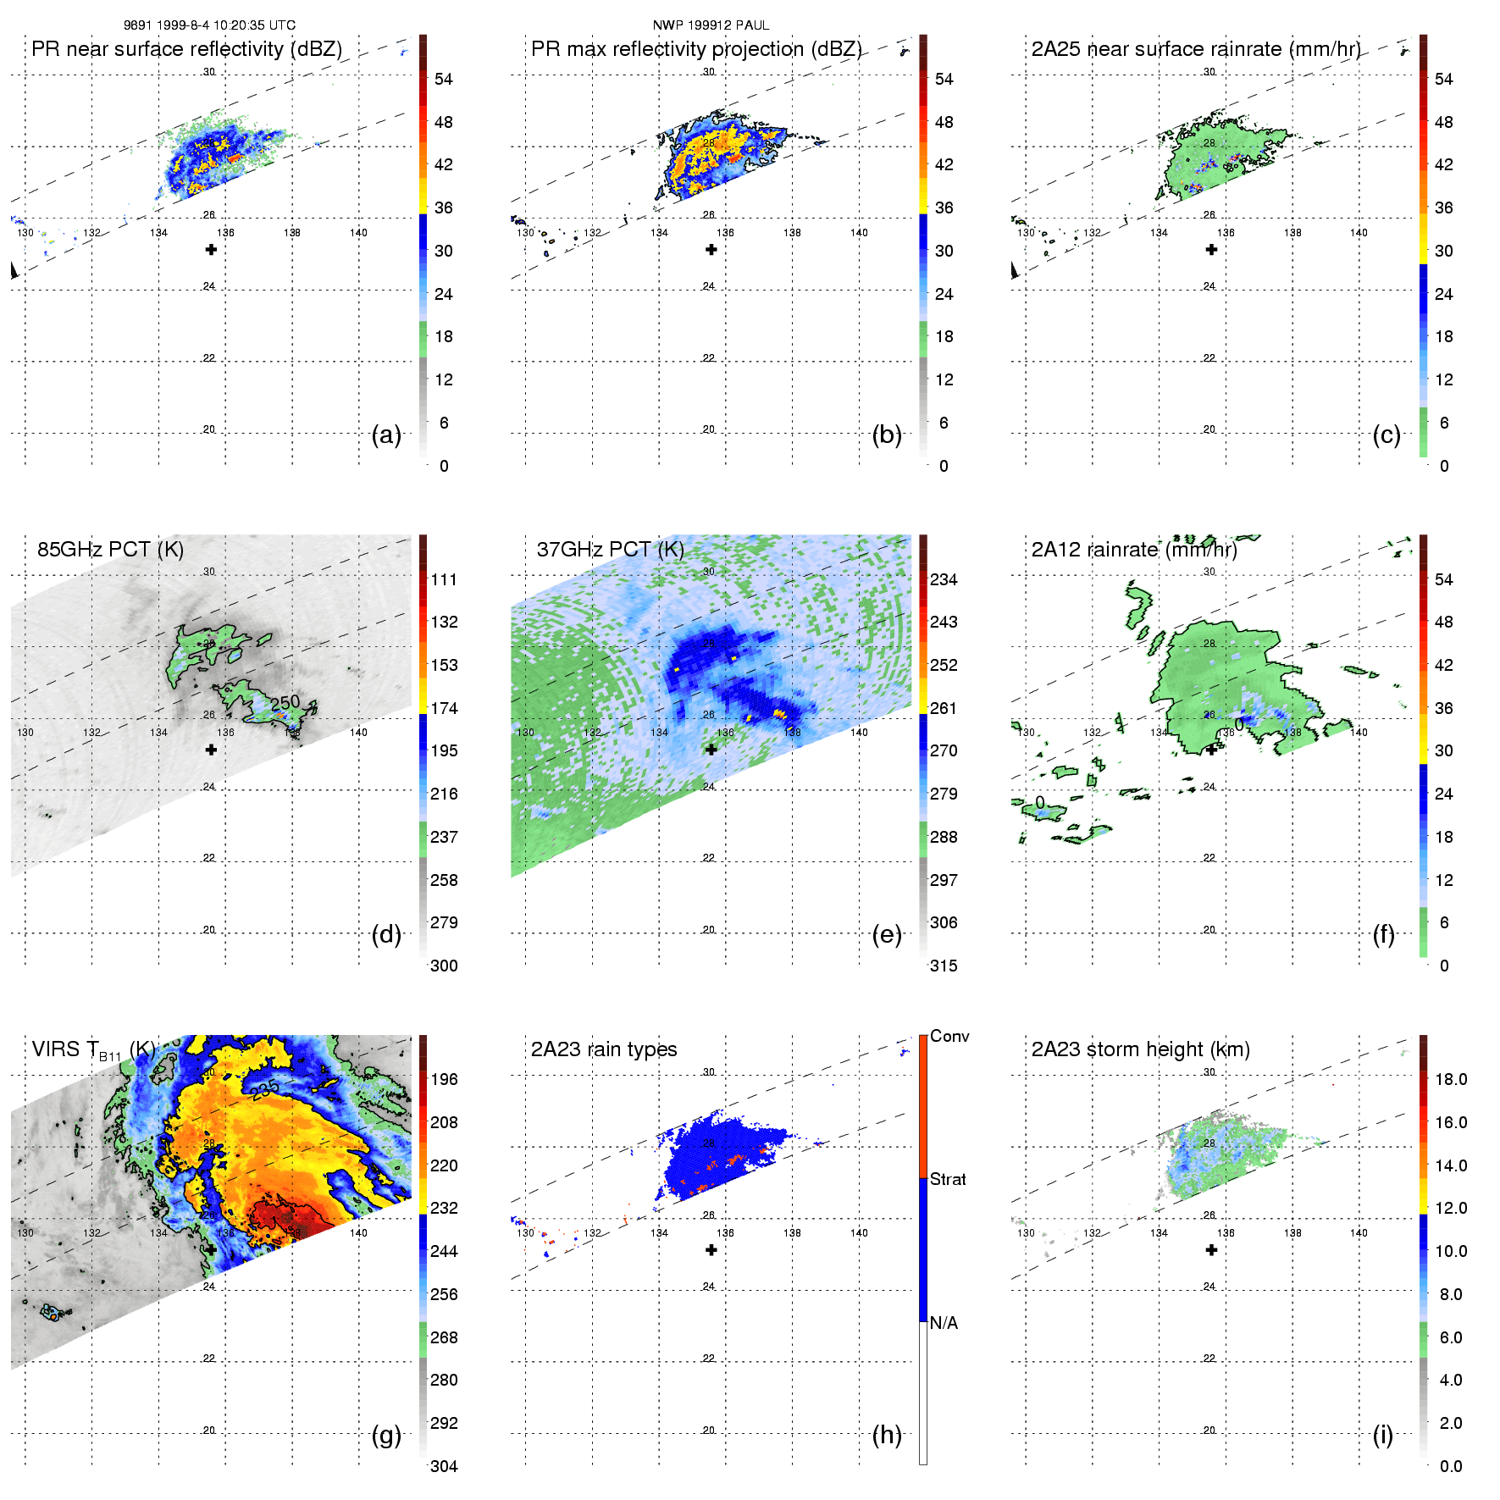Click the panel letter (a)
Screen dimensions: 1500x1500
[x=386, y=435]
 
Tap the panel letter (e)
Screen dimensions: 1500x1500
[x=886, y=935]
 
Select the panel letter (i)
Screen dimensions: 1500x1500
[x=1382, y=1435]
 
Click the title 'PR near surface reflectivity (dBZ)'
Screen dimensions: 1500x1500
[x=186, y=49]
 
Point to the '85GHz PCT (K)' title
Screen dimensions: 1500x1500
[x=110, y=550]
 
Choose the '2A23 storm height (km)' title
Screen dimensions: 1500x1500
[x=1140, y=1049]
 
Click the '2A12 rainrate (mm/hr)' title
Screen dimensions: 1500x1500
[x=1134, y=550]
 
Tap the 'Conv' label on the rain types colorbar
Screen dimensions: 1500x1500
[x=949, y=1036]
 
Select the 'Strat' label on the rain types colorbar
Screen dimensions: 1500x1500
[x=948, y=1179]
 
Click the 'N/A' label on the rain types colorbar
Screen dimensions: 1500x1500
[x=944, y=1323]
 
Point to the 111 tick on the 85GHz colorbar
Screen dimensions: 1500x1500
[x=444, y=579]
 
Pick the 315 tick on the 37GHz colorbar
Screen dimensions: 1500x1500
[x=944, y=966]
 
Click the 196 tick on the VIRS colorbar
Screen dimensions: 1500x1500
[x=444, y=1079]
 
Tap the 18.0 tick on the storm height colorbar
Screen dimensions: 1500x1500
[x=1451, y=1079]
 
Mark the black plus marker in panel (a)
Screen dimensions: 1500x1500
[x=211, y=250]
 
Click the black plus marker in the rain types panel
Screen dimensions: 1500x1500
[x=711, y=1250]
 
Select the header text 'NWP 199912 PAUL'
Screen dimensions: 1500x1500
[x=711, y=25]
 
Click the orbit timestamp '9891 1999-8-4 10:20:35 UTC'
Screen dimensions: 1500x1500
[x=209, y=25]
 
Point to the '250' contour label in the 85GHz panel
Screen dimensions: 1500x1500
[x=285, y=702]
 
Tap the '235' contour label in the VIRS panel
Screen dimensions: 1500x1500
[x=264, y=1089]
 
